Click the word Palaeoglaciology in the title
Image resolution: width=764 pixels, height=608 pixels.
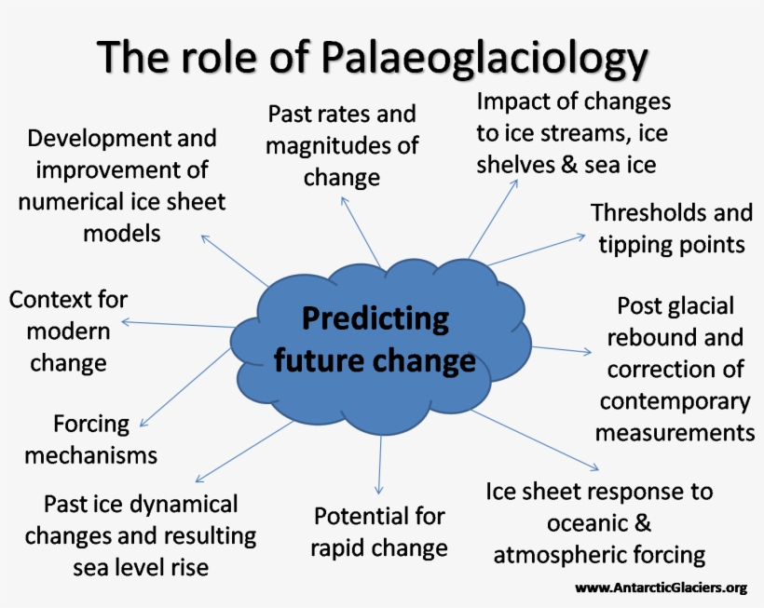[484, 58]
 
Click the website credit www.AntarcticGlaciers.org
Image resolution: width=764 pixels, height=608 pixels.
[662, 588]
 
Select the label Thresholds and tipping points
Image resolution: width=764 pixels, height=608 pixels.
[672, 228]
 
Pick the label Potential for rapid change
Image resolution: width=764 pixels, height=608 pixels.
[379, 532]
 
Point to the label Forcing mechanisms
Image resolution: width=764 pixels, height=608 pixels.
[91, 439]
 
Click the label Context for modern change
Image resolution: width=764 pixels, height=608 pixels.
[68, 331]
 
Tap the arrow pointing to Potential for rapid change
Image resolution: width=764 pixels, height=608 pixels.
[379, 465]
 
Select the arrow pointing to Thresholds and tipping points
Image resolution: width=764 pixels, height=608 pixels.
[536, 250]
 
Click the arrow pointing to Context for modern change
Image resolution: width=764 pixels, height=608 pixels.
[178, 324]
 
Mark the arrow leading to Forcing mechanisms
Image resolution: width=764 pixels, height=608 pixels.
[185, 387]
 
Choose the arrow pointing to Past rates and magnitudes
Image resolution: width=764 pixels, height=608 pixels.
[361, 232]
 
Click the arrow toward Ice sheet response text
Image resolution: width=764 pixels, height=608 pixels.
[535, 440]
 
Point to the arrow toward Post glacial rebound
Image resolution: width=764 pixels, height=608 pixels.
[561, 349]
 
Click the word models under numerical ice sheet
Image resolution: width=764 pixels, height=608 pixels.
[122, 233]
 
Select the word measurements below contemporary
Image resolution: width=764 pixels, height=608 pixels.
[675, 433]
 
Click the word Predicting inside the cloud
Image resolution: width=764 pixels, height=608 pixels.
[375, 319]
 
